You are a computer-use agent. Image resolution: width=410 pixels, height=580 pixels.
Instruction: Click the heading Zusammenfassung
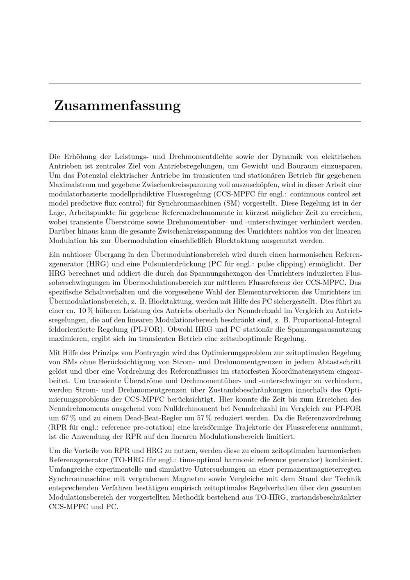[117, 106]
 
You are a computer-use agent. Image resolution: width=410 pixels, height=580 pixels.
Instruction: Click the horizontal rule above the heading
[205, 84]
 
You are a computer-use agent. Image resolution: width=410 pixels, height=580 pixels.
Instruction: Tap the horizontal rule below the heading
[205, 122]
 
